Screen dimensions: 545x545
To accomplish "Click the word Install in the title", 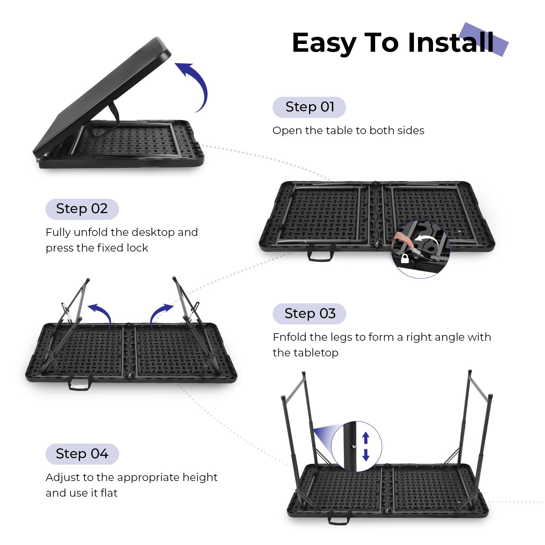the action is click(451, 43).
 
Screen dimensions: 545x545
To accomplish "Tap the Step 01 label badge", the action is click(309, 107).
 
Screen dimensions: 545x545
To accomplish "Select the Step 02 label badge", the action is click(82, 209).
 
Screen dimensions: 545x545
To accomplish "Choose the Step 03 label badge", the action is click(309, 314).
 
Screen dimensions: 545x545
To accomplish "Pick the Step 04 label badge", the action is click(82, 454).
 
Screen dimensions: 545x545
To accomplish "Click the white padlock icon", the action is click(405, 258).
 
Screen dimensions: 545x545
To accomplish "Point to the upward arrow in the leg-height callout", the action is click(366, 438).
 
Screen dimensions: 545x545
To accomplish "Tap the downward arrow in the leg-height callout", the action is click(366, 455).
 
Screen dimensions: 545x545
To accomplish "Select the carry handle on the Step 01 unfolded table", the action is click(321, 253).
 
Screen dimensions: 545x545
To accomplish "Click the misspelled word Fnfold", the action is click(290, 337).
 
